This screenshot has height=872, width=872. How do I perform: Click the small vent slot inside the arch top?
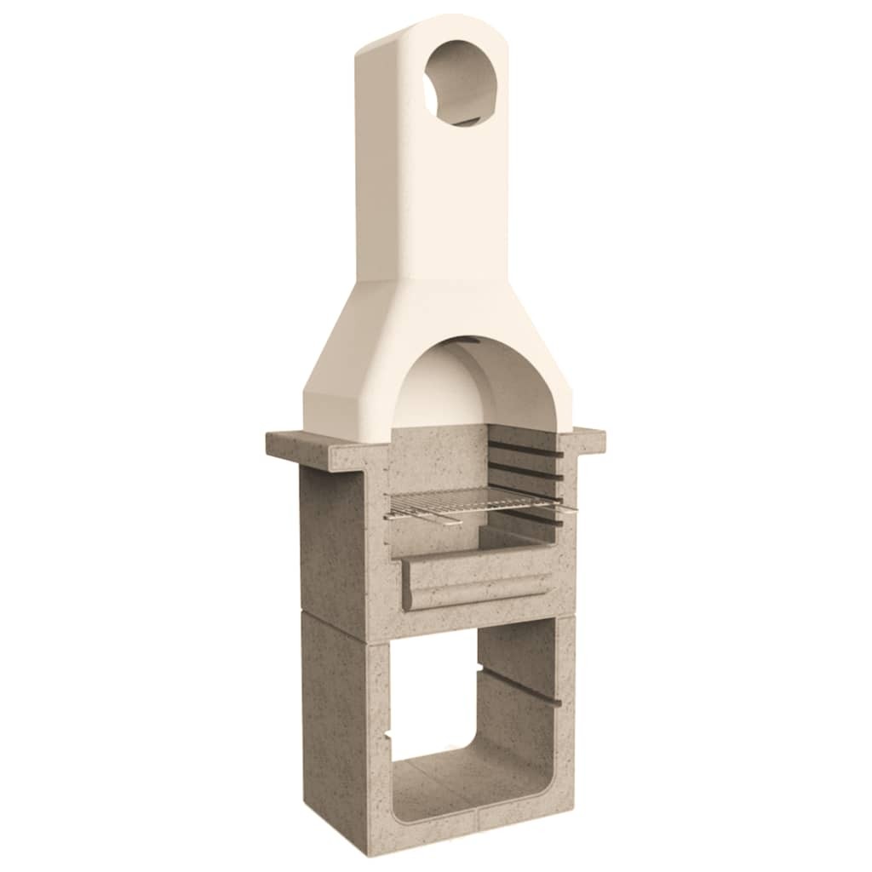[468, 342]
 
